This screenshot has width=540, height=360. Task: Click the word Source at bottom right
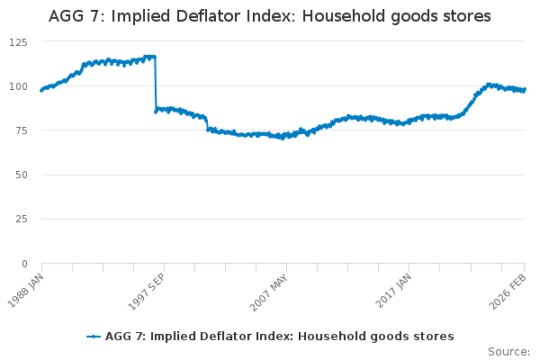pyautogui.click(x=508, y=351)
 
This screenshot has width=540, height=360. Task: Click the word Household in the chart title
pyautogui.click(x=346, y=16)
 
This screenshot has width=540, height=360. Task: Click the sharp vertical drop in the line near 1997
pyautogui.click(x=156, y=83)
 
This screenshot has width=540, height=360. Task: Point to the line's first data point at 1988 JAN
pyautogui.click(x=41, y=90)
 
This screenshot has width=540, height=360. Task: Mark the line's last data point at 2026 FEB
pyautogui.click(x=525, y=89)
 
